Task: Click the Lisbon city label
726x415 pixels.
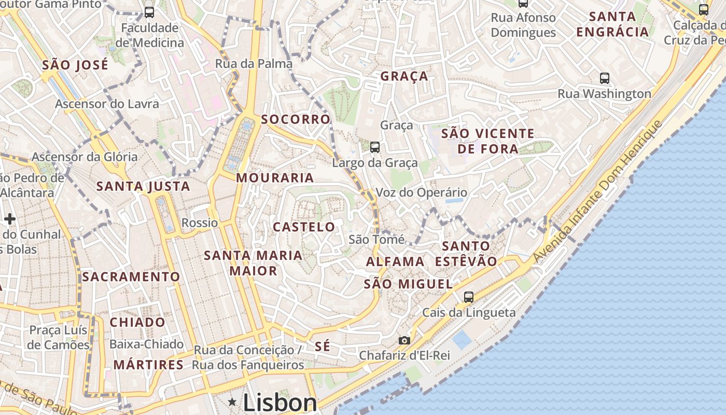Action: (280, 403)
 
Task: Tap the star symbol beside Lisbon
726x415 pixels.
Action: (232, 402)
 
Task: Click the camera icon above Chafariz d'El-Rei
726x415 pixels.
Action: (404, 340)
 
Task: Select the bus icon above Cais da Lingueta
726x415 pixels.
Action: (469, 297)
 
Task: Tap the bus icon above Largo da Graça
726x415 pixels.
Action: (375, 147)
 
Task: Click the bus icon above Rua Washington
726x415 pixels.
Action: (605, 78)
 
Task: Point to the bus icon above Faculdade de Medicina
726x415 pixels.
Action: (149, 12)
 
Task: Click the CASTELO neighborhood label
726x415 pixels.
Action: (304, 227)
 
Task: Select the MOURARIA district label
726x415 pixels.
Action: (275, 178)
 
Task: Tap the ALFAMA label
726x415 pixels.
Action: (395, 261)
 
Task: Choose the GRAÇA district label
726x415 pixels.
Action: (404, 76)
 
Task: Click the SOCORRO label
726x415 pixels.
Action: (296, 119)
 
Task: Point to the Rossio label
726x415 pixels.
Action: (200, 223)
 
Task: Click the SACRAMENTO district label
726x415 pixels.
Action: (131, 276)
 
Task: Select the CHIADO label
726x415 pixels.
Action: (137, 322)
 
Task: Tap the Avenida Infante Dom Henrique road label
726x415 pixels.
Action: (597, 192)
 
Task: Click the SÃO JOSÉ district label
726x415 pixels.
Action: (75, 65)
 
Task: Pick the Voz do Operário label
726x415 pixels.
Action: (421, 192)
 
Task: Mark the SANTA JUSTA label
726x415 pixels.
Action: (143, 186)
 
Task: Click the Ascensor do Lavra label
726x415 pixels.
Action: (107, 104)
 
